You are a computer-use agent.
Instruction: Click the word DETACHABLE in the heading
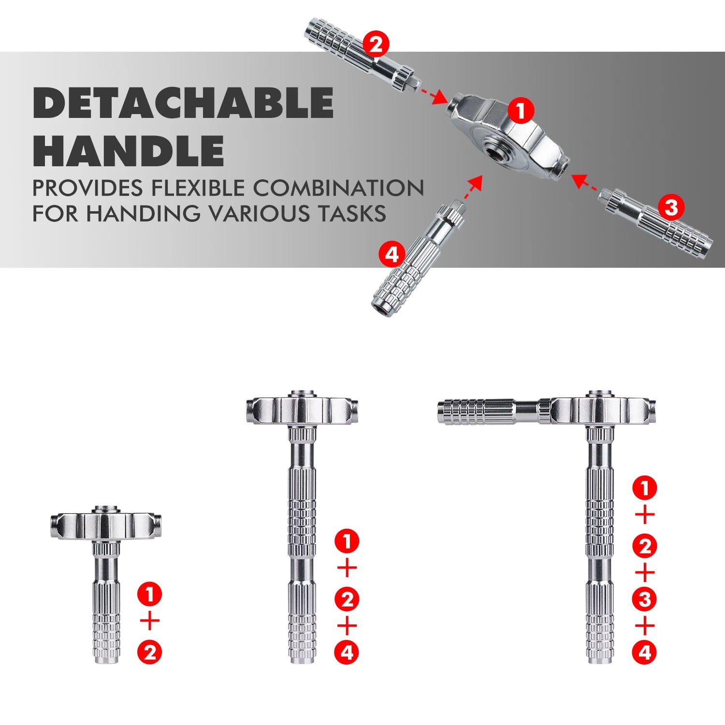click(x=183, y=103)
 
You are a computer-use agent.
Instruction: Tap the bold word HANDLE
click(x=128, y=150)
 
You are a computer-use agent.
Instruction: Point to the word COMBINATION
click(x=338, y=188)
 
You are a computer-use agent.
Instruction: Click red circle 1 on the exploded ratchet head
click(x=521, y=111)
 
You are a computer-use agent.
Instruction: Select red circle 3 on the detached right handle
click(x=671, y=208)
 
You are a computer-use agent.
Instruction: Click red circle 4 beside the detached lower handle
click(x=391, y=254)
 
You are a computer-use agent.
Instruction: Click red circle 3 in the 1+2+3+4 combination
click(x=644, y=600)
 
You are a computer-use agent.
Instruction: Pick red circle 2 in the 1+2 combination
click(x=149, y=652)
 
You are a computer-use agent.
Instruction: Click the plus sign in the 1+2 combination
click(x=149, y=621)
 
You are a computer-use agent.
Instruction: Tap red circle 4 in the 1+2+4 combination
click(x=347, y=652)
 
